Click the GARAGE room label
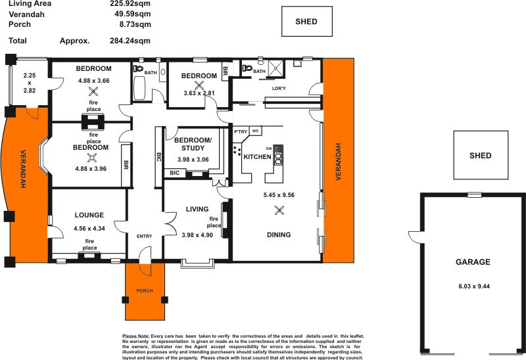pos(473,261)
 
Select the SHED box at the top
pos(306,22)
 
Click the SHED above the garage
pos(481,156)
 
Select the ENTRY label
pos(144,236)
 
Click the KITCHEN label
pos(258,157)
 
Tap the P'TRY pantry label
pos(240,132)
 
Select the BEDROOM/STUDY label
pos(193,144)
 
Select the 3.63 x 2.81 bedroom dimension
pos(199,93)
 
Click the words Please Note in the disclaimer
pos(135,336)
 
